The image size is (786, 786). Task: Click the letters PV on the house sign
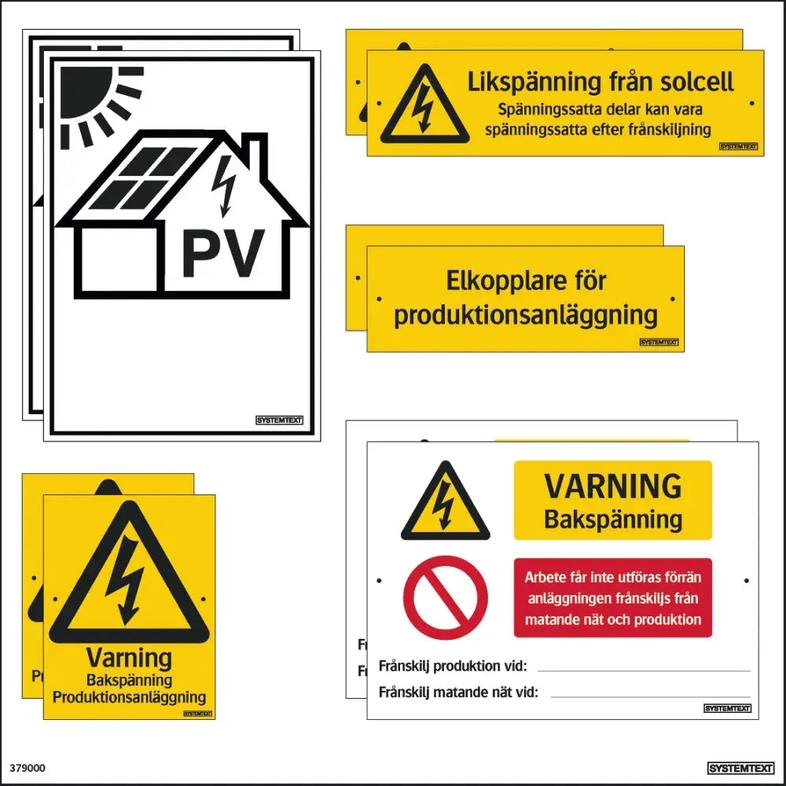click(223, 253)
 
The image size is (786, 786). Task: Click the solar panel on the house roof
click(142, 178)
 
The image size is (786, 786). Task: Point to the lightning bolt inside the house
click(223, 186)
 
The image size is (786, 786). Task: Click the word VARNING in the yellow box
click(613, 486)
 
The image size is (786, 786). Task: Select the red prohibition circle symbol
click(445, 597)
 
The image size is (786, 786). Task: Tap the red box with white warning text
click(613, 597)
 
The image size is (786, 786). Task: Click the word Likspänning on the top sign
click(534, 83)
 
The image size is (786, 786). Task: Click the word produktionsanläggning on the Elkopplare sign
click(526, 316)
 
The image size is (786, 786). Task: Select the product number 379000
click(27, 768)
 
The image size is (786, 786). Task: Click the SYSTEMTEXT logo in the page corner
click(741, 769)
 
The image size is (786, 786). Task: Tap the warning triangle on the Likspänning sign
click(424, 105)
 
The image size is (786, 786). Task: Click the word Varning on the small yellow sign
click(129, 658)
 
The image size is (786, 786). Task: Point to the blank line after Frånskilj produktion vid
click(644, 670)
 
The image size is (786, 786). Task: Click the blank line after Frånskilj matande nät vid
click(650, 696)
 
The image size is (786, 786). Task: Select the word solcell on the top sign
click(696, 82)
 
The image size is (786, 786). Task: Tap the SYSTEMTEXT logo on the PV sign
click(279, 420)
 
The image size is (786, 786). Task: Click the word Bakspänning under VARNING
click(613, 520)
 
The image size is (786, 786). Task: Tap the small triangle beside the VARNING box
click(445, 501)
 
